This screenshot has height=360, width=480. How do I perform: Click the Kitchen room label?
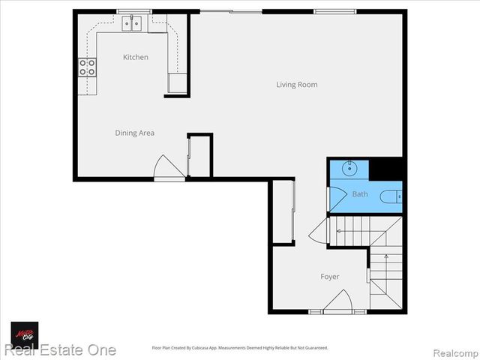(136, 57)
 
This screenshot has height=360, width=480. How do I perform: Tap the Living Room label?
(296, 85)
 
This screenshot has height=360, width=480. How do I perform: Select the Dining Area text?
(135, 133)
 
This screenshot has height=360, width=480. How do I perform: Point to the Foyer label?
(330, 277)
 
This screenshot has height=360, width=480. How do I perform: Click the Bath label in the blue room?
(360, 194)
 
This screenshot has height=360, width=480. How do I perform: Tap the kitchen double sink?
(133, 24)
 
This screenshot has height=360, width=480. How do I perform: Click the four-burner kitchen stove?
(88, 67)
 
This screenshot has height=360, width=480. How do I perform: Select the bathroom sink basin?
(349, 168)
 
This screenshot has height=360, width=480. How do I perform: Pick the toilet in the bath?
(390, 196)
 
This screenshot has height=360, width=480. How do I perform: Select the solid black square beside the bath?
(387, 169)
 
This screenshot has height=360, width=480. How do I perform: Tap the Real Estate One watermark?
(60, 350)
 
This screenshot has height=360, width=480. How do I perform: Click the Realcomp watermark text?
(454, 352)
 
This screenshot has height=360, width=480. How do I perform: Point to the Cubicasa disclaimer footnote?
(240, 348)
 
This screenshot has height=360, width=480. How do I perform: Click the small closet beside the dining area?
(199, 155)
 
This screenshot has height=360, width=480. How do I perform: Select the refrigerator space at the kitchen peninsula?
(178, 82)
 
